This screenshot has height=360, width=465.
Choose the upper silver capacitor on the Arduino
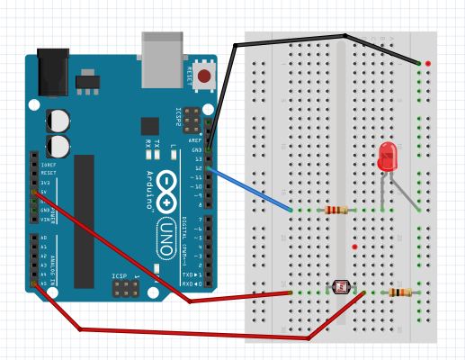(x=59, y=121)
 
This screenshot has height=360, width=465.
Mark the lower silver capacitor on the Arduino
(x=61, y=146)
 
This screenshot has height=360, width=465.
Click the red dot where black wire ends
(x=427, y=63)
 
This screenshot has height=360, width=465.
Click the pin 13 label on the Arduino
(x=199, y=158)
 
